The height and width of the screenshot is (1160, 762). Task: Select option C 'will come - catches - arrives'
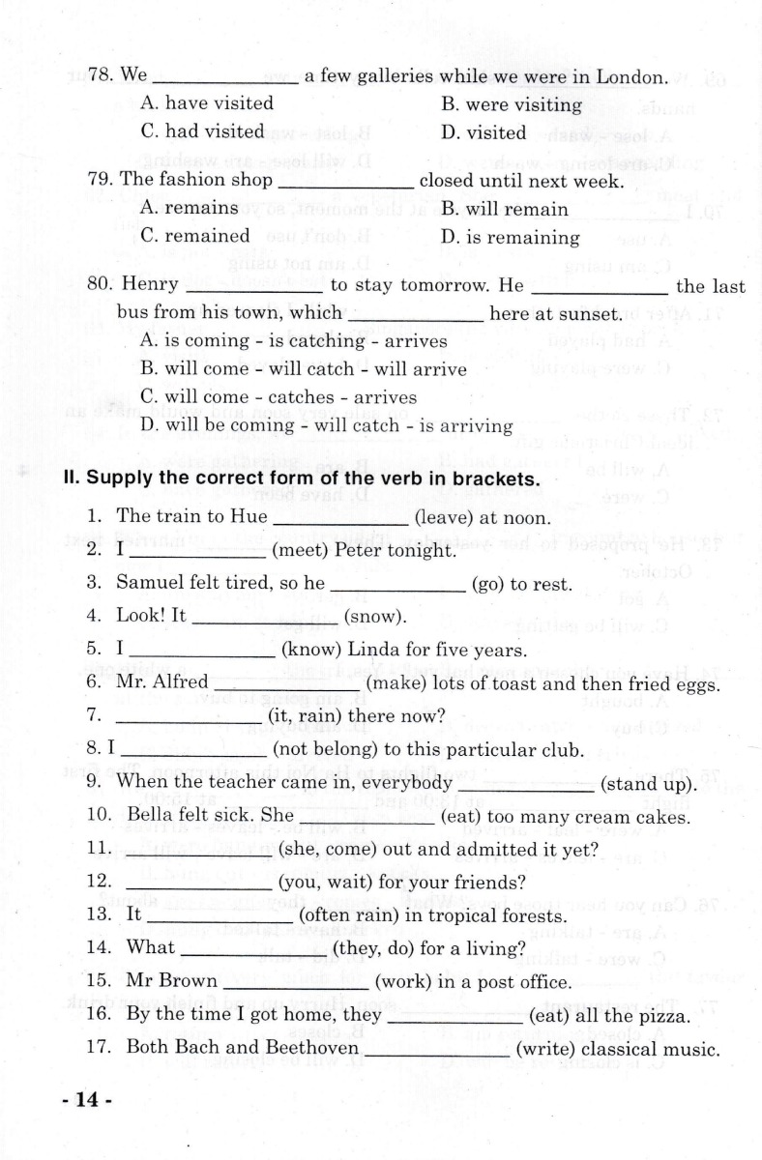click(278, 397)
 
